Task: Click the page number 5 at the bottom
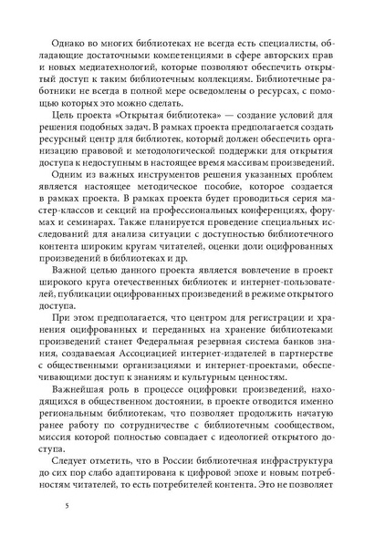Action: point(57,504)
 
